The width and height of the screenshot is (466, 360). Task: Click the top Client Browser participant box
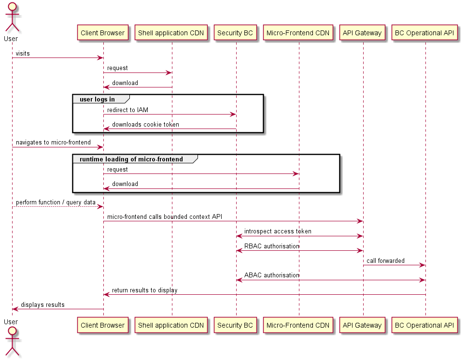pos(102,33)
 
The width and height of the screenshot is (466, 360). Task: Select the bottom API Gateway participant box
pos(362,325)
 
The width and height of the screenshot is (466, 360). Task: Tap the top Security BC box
pos(235,33)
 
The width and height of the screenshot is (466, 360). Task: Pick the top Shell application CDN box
pos(171,33)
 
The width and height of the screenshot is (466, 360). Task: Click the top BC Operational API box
pos(424,33)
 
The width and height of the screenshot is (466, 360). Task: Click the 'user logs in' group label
pos(97,100)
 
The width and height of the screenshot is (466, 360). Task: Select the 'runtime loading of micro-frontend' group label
pos(131,159)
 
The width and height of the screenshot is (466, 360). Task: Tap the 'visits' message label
pos(23,54)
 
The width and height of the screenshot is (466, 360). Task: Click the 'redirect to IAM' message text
pos(127,110)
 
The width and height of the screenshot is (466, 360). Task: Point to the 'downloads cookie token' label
pos(145,125)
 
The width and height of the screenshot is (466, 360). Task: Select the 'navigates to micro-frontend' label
pos(53,143)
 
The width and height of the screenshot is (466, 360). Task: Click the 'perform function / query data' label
pos(56,202)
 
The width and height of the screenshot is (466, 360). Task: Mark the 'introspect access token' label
pos(278,231)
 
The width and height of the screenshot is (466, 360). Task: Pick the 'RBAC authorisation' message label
pos(271,246)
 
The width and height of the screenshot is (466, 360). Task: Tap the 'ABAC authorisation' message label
pos(271,275)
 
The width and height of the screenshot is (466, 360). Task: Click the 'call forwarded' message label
pos(385,261)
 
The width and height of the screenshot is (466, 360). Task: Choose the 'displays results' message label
pos(42,305)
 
